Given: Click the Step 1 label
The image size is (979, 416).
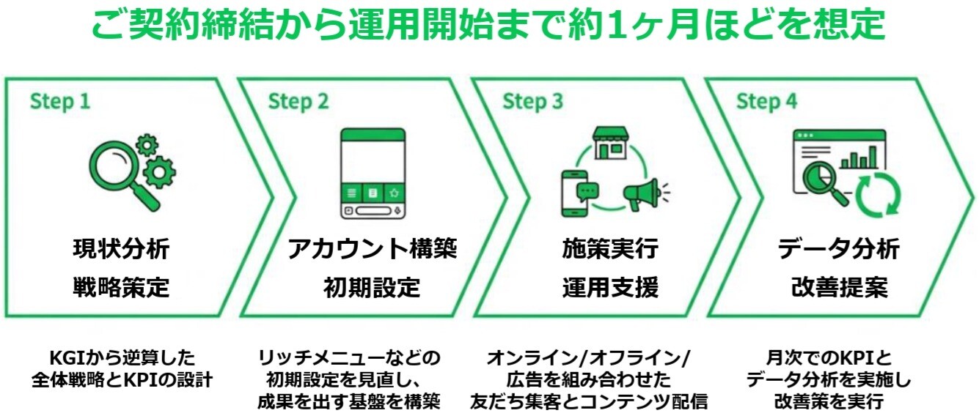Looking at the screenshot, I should pos(60,101).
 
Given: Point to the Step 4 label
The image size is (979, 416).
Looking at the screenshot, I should pos(766,101).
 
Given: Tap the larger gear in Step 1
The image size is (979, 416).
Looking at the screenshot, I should pos(159,172).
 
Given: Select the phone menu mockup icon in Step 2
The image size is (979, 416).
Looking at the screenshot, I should pos(373,174).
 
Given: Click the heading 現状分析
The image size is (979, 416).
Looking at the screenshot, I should pos(121,249).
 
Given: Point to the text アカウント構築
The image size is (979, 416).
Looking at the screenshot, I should pos(372,249).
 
